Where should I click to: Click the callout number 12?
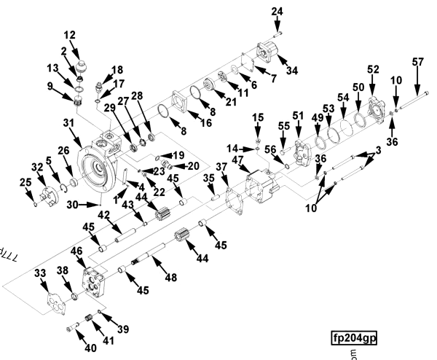70,35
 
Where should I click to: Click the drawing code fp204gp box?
355,338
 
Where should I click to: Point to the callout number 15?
259,117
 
